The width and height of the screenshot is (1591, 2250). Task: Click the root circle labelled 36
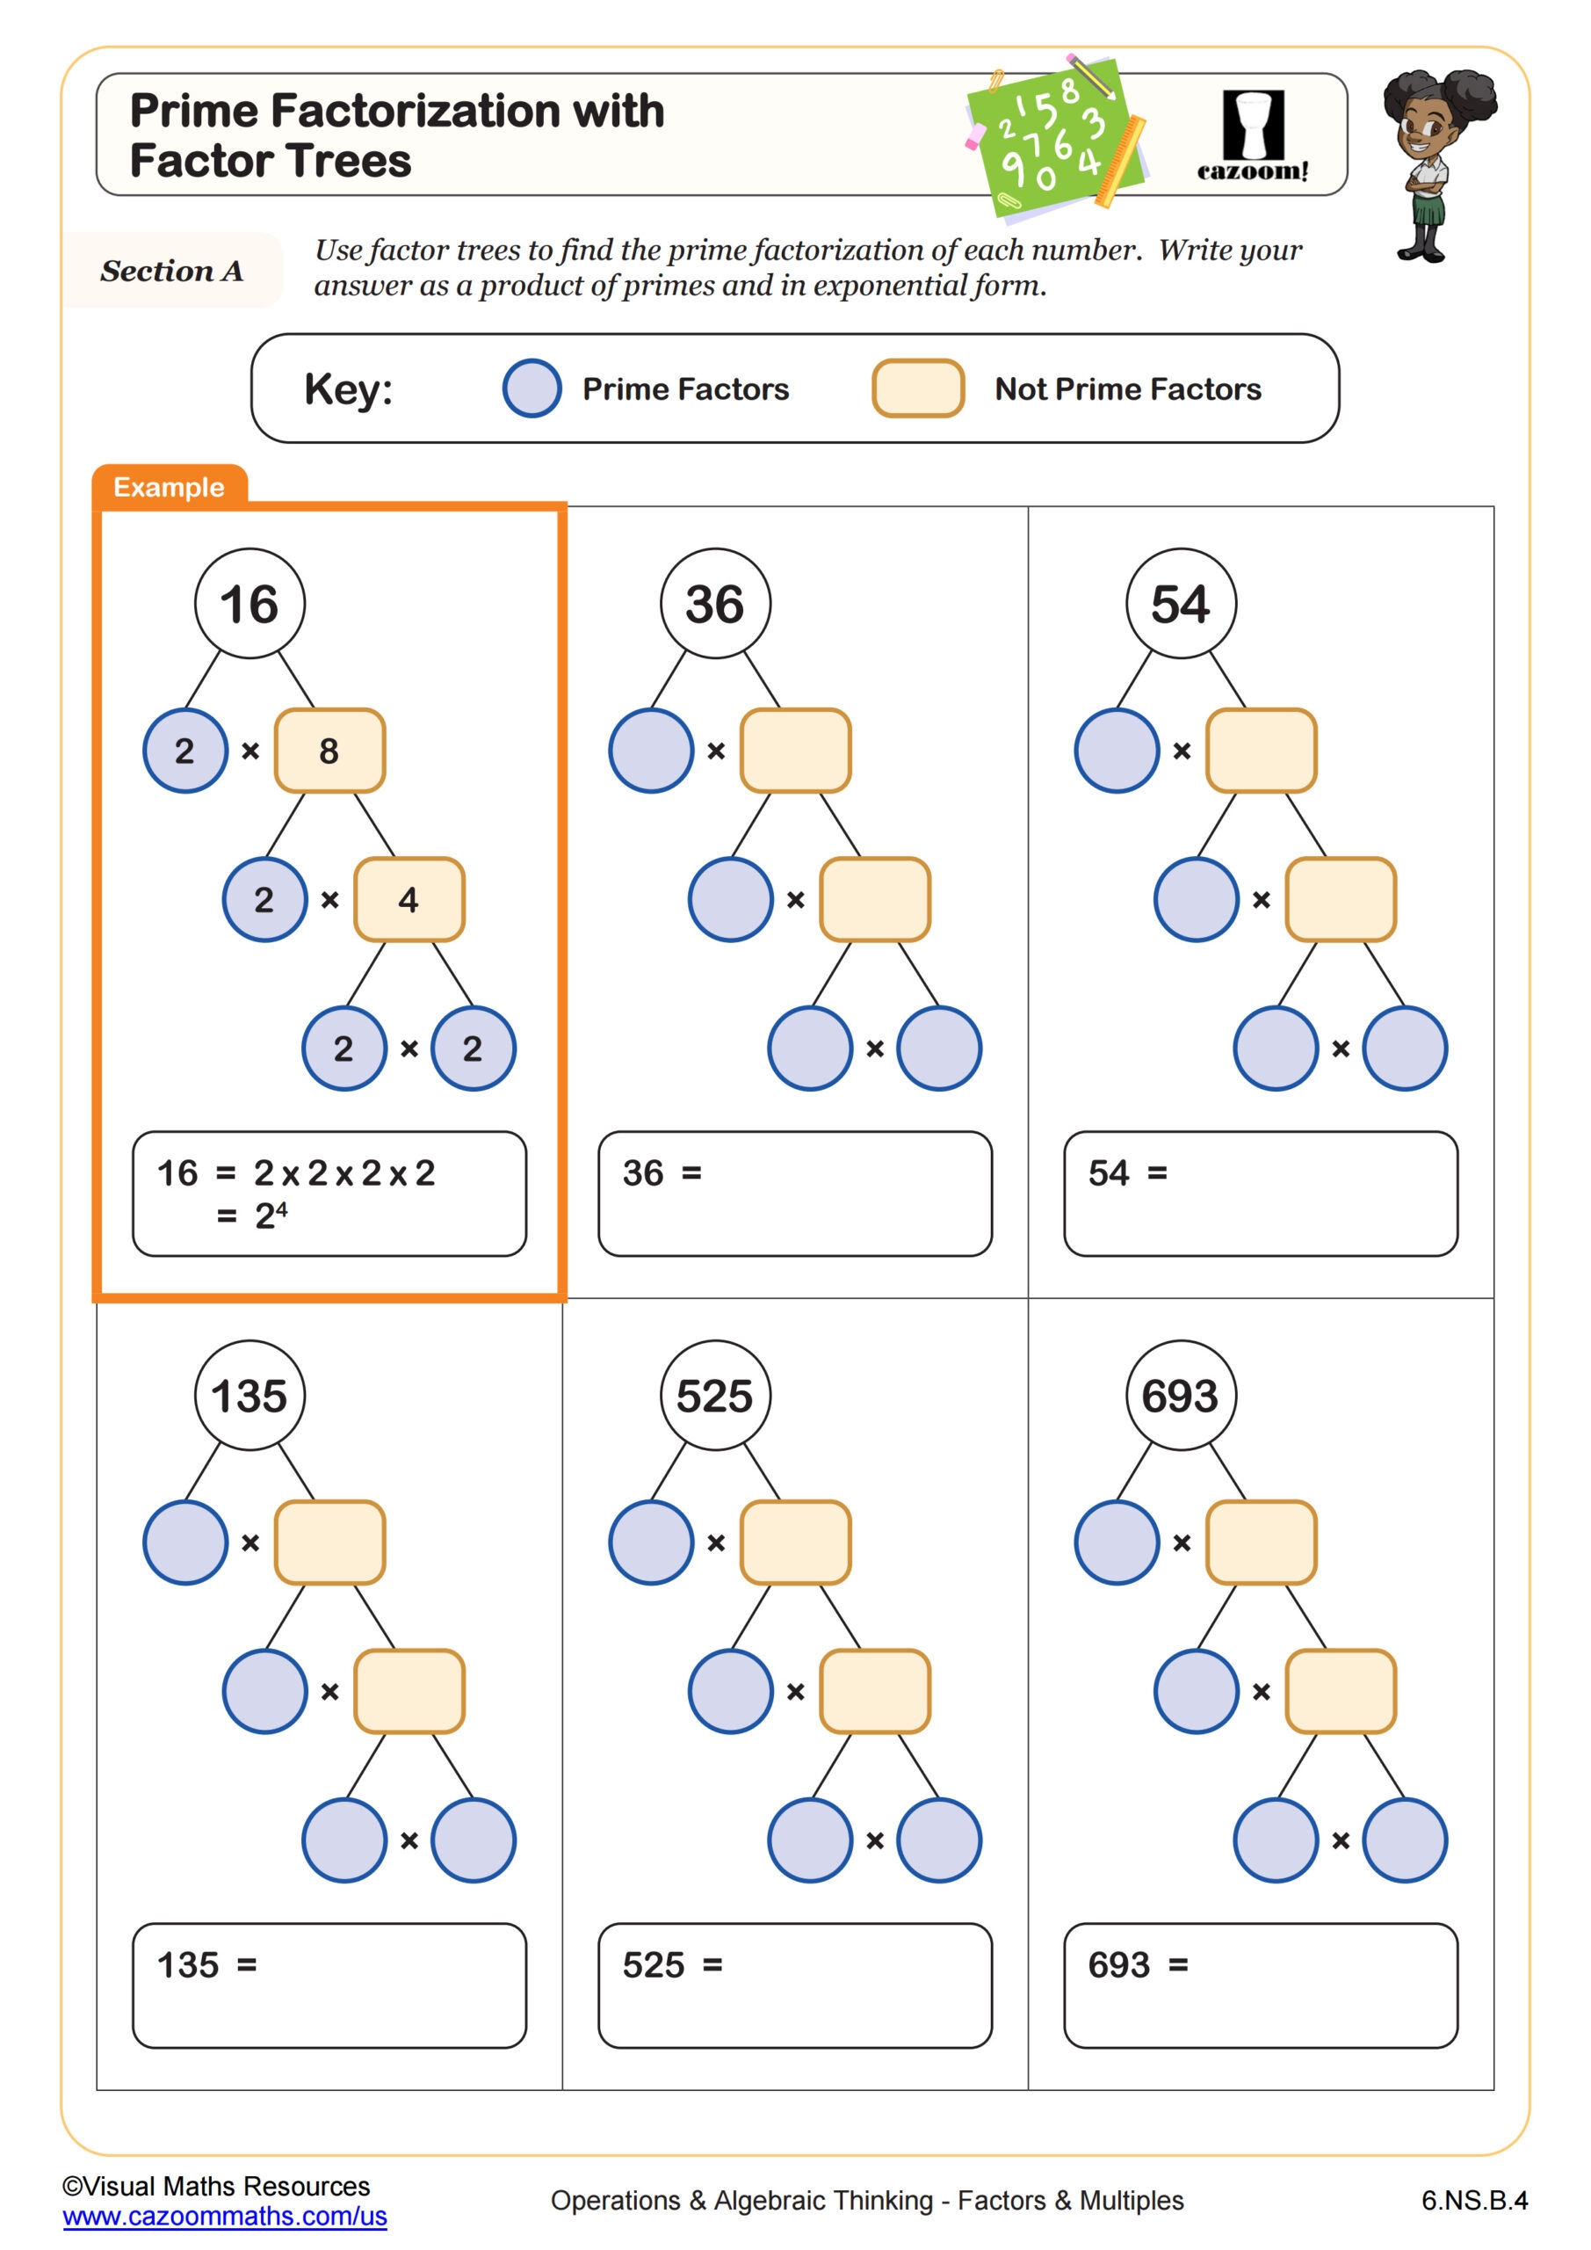pos(715,603)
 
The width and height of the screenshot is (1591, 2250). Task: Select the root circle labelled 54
pos(1181,603)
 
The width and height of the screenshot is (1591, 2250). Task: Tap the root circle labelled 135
pos(249,1395)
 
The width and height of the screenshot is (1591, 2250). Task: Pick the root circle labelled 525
pos(715,1395)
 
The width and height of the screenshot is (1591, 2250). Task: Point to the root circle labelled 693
pos(1181,1395)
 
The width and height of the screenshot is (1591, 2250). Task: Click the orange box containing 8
pos(329,751)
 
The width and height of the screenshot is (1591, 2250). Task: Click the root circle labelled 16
pos(249,603)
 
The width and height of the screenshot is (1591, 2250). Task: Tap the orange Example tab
pos(169,487)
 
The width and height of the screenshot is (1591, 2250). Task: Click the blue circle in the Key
pos(532,388)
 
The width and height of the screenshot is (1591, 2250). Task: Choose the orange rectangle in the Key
pos(918,388)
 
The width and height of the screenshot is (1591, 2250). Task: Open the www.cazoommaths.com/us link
pos(224,2216)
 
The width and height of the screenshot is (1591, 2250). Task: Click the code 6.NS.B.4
pos(1474,2200)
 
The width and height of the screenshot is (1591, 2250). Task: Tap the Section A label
pos(171,271)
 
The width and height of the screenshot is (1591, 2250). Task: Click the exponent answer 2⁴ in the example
pos(271,1216)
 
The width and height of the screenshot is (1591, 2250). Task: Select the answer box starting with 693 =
pos(1260,1985)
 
